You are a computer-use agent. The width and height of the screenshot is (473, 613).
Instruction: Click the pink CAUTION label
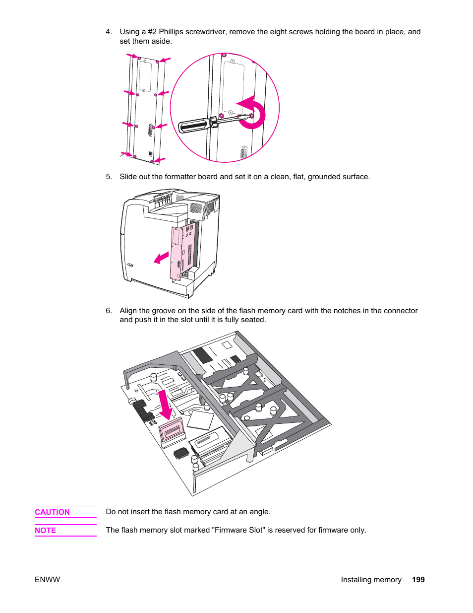click(x=52, y=512)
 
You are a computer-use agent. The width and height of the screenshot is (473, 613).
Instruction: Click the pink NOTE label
click(x=45, y=531)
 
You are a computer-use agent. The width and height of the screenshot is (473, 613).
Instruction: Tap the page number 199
click(x=418, y=580)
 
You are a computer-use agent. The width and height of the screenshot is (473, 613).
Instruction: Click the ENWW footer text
click(x=47, y=580)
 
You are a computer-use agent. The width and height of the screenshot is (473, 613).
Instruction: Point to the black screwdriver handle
click(x=194, y=125)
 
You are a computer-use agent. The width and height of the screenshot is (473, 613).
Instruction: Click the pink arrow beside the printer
click(x=161, y=258)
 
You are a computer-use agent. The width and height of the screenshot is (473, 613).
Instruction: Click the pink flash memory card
click(x=172, y=430)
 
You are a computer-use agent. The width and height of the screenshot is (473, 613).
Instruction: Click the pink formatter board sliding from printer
click(x=177, y=253)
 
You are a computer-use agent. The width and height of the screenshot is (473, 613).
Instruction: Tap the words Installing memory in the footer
click(x=371, y=580)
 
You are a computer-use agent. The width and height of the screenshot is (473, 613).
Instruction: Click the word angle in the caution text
click(x=259, y=512)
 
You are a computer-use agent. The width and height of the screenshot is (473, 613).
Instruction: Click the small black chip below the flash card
click(x=181, y=453)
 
